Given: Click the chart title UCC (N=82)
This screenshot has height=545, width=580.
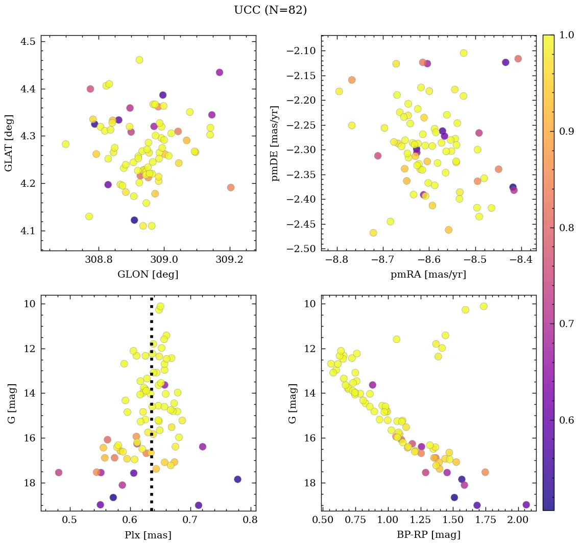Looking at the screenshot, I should click(270, 10).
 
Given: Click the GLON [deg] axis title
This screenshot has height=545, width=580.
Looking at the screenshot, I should click(148, 275).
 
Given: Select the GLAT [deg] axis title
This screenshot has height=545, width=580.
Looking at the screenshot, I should click(9, 143).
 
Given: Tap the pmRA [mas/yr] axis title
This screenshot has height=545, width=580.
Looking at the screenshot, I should click(428, 275).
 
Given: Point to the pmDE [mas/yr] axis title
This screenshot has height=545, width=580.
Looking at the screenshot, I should click(275, 143).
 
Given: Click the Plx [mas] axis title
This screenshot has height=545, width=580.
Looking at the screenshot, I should click(148, 535).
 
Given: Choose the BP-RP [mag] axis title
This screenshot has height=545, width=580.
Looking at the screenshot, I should click(428, 535).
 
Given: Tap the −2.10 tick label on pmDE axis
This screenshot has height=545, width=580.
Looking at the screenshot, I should click(302, 51).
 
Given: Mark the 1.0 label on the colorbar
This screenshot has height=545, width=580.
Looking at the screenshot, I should click(566, 35).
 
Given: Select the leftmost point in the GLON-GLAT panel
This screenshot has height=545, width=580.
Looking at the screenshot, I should click(65, 144).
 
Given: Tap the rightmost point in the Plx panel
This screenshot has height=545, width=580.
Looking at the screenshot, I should click(237, 479).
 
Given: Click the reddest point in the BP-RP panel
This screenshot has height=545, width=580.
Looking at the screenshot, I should click(526, 505).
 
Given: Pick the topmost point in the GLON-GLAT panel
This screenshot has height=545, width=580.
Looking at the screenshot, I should click(139, 60).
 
